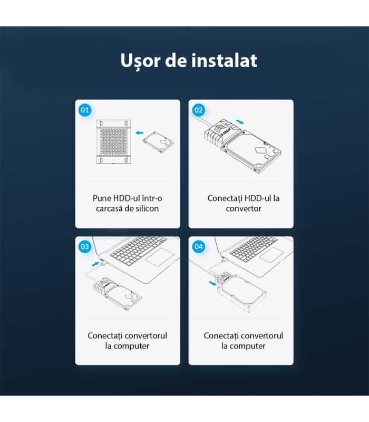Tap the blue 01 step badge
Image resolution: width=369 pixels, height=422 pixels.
[84, 110]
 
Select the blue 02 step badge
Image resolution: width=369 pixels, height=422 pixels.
[199, 110]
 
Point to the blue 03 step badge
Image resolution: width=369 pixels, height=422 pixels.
[84, 246]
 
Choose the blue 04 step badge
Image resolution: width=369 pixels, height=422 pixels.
[199, 246]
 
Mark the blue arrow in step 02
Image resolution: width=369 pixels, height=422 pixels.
[240, 121]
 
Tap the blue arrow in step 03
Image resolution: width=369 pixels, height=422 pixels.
[95, 262]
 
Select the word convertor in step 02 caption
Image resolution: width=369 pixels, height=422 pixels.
[241, 208]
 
